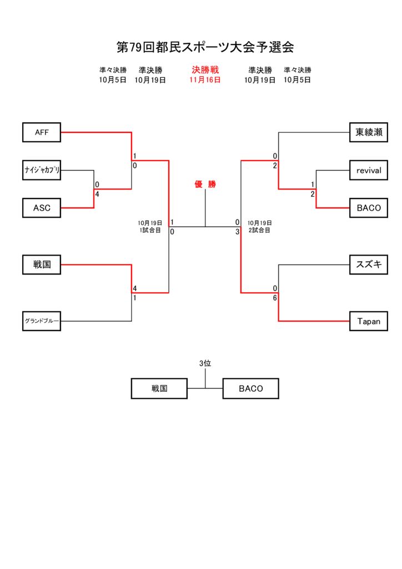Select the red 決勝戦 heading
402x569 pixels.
pos(205,70)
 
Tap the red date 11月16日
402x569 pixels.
pos(205,80)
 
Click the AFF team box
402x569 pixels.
pos(42,132)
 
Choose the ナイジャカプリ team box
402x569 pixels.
pos(42,170)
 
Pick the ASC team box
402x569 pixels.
pos(42,208)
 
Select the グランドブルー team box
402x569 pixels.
pos(42,321)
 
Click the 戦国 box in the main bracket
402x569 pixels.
pos(42,265)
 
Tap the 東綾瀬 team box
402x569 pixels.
pos(369,132)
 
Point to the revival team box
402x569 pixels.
pos(369,170)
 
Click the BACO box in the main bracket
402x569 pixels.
pos(369,208)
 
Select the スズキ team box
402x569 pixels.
pos(369,265)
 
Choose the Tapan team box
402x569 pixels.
pos(369,321)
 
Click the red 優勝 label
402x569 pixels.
pos(205,184)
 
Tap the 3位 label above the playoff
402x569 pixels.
pos(205,363)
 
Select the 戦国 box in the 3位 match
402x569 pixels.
pos(159,388)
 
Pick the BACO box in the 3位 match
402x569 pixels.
pos(250,388)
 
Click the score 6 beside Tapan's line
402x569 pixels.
pos(275,298)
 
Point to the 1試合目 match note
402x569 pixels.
pos(150,230)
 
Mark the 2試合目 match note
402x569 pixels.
pos(259,230)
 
